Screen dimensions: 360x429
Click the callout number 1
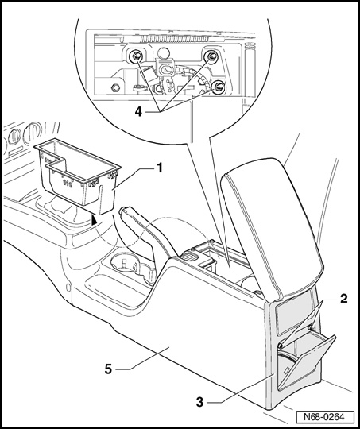(159, 168)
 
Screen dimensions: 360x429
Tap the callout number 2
(343, 299)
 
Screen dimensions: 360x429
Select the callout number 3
(200, 402)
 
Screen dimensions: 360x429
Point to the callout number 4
(139, 112)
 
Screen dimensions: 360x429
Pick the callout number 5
(108, 369)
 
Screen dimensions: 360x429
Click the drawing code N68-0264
(324, 417)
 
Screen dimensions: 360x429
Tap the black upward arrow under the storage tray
(95, 219)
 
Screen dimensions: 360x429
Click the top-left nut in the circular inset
(136, 56)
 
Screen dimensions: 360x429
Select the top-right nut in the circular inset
(211, 56)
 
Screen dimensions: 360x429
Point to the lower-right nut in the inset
(219, 87)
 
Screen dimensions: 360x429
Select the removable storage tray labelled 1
(78, 175)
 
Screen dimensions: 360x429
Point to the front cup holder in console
(124, 263)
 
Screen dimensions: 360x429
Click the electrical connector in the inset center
(165, 70)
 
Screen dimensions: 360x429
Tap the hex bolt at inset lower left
(115, 87)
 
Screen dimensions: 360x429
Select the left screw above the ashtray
(281, 345)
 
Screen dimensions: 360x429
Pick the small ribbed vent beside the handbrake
(189, 256)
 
